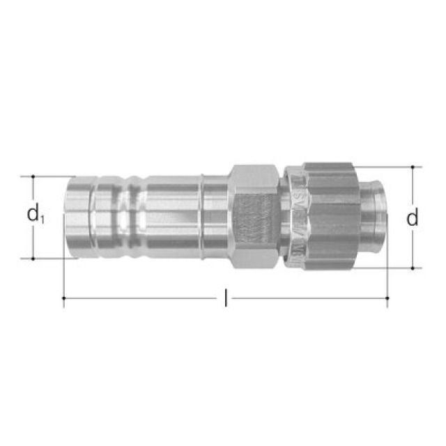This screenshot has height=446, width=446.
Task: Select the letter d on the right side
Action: (x=413, y=218)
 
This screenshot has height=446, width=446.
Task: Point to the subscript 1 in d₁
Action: (x=42, y=220)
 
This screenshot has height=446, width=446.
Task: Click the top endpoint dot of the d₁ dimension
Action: (x=33, y=176)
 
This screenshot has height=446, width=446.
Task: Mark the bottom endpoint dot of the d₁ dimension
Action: (x=33, y=259)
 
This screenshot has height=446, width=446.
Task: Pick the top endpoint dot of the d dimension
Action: (x=413, y=167)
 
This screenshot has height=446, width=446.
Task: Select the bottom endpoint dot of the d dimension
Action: (x=413, y=268)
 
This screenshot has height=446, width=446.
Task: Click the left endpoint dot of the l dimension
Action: (x=64, y=298)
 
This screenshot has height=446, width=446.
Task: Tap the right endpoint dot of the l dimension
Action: (x=387, y=298)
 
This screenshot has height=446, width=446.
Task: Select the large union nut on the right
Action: (x=328, y=217)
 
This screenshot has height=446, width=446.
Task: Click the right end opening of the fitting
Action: (x=380, y=217)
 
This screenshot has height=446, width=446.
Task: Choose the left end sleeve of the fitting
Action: (x=77, y=217)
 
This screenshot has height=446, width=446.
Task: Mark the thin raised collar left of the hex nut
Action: (x=203, y=217)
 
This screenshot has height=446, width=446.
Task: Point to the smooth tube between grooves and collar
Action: (x=171, y=217)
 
